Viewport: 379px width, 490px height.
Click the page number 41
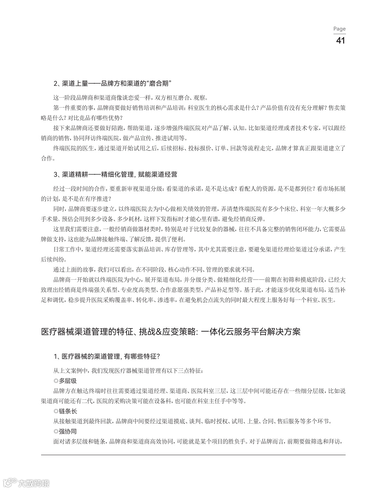click(340, 40)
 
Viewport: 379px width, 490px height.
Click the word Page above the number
click(339, 29)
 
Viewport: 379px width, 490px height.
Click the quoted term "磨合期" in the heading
click(161, 84)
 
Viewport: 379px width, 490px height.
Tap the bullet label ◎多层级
click(65, 381)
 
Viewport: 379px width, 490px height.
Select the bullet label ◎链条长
click(65, 411)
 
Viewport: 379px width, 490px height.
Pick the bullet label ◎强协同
click(65, 432)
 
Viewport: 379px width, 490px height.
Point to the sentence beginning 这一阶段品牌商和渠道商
click(130, 98)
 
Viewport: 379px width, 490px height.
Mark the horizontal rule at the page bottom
click(193, 455)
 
